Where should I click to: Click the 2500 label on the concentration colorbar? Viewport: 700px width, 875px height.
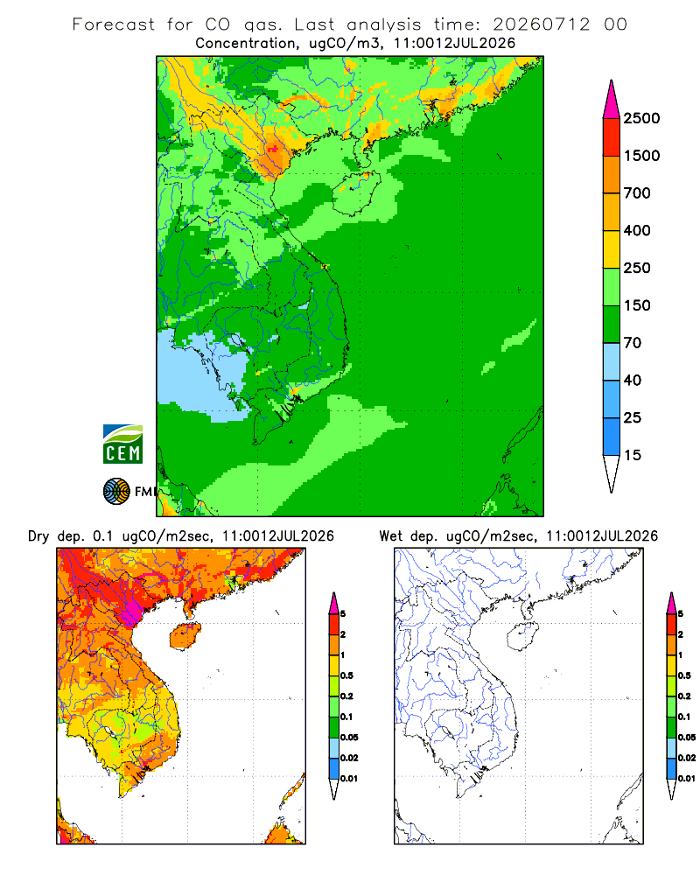coord(641,118)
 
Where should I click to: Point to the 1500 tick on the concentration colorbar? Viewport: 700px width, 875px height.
coord(641,156)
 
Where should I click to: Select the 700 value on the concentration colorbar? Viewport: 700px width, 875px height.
coord(637,193)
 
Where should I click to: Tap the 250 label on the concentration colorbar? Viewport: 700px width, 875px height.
coord(637,268)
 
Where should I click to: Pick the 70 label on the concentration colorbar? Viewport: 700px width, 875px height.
coord(633,343)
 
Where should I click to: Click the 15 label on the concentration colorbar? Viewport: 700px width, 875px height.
coord(633,455)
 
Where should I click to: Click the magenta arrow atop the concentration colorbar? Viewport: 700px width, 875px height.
coord(612,100)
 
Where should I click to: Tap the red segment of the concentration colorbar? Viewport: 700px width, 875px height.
coord(612,137)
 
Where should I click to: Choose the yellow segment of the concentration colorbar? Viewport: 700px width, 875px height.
coord(612,249)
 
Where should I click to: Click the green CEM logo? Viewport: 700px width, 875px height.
coord(122,444)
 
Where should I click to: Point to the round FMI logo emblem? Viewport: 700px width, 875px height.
coord(116,492)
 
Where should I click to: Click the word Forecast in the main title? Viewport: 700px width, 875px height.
coord(114,24)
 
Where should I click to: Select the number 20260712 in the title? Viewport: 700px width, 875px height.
coord(541,24)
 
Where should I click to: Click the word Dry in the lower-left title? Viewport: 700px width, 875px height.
coord(38,536)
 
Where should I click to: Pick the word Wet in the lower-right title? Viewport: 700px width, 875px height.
coord(390,536)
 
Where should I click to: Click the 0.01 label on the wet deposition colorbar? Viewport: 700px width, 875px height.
coord(687,779)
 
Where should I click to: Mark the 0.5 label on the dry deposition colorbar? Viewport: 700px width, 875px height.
coord(346,675)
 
